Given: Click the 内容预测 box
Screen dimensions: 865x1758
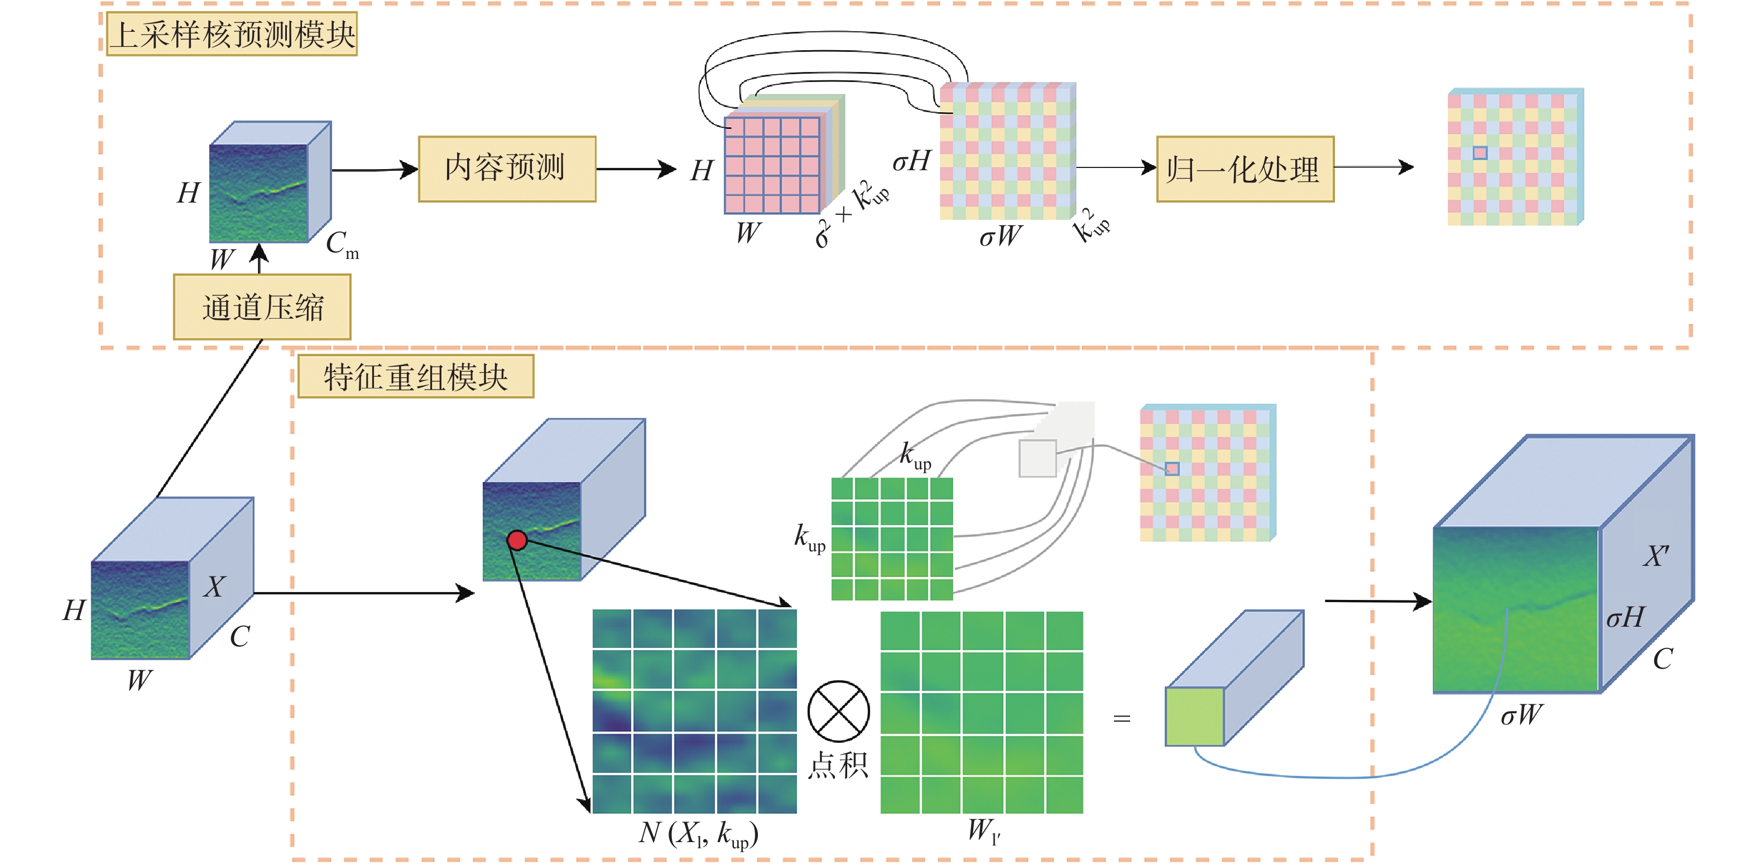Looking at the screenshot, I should tap(506, 169).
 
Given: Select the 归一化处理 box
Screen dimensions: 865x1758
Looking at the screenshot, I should tap(1245, 169).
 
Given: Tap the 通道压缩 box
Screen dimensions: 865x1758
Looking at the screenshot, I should tap(262, 307).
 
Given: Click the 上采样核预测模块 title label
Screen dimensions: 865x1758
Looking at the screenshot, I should tap(232, 34).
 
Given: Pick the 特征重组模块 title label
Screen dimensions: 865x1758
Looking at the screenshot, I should tap(416, 377).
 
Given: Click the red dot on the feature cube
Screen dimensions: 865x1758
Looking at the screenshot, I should tap(517, 540).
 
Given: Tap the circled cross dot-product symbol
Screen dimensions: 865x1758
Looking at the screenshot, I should tap(838, 711).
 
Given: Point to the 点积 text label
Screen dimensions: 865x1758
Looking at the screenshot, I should tap(838, 766).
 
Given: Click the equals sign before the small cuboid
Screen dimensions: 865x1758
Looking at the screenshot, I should tap(1122, 718).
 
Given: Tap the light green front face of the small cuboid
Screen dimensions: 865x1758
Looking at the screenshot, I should tap(1194, 717).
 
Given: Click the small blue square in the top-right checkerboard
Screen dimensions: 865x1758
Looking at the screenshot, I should tap(1480, 153).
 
